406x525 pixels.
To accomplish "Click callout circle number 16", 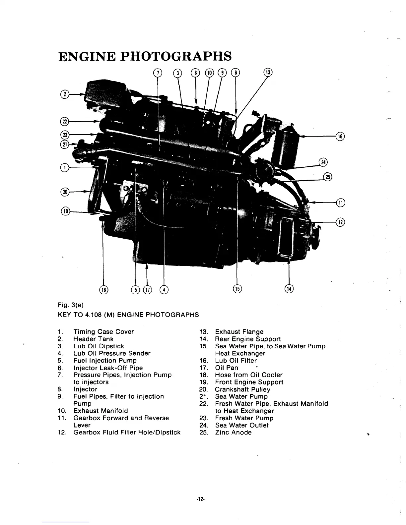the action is [341, 136].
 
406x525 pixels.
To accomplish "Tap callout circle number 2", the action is [65, 94].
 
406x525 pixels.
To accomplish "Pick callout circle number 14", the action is [290, 289].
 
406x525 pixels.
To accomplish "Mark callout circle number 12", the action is [341, 222].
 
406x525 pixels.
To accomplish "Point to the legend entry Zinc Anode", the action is [233, 433].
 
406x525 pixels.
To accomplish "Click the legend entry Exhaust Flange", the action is [239, 332].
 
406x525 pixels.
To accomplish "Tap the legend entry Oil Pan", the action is [227, 368].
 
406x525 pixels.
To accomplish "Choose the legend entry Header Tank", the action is [93, 339].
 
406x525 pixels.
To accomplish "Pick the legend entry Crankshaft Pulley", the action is [242, 389].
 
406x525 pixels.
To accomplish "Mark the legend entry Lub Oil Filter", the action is [236, 361].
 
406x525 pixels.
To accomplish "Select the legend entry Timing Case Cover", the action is [103, 332].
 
